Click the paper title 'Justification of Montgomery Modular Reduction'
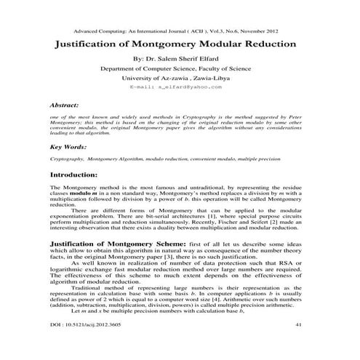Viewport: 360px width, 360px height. coord(180,44)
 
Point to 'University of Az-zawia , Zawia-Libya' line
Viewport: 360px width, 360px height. coord(180,76)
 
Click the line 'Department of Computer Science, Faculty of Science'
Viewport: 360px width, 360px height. coord(180,68)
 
